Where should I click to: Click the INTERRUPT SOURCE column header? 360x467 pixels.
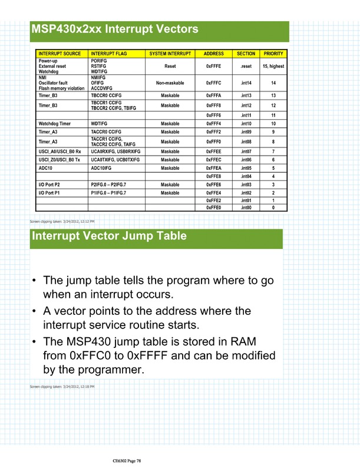click(x=60, y=54)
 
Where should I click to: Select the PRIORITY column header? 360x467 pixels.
click(x=273, y=54)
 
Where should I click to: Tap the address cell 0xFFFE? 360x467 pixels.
click(x=213, y=66)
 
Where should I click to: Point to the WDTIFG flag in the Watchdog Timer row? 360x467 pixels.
click(x=99, y=124)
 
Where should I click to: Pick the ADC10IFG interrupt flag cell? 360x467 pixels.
click(x=104, y=168)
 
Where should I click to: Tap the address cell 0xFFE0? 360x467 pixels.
click(x=213, y=208)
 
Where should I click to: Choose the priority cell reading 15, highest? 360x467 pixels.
click(x=273, y=66)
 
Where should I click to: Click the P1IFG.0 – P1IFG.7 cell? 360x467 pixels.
click(x=112, y=193)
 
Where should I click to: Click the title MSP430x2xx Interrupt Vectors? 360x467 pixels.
click(x=115, y=28)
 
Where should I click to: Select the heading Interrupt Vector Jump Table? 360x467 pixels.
click(x=108, y=236)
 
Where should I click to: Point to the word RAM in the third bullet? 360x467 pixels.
click(x=257, y=342)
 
